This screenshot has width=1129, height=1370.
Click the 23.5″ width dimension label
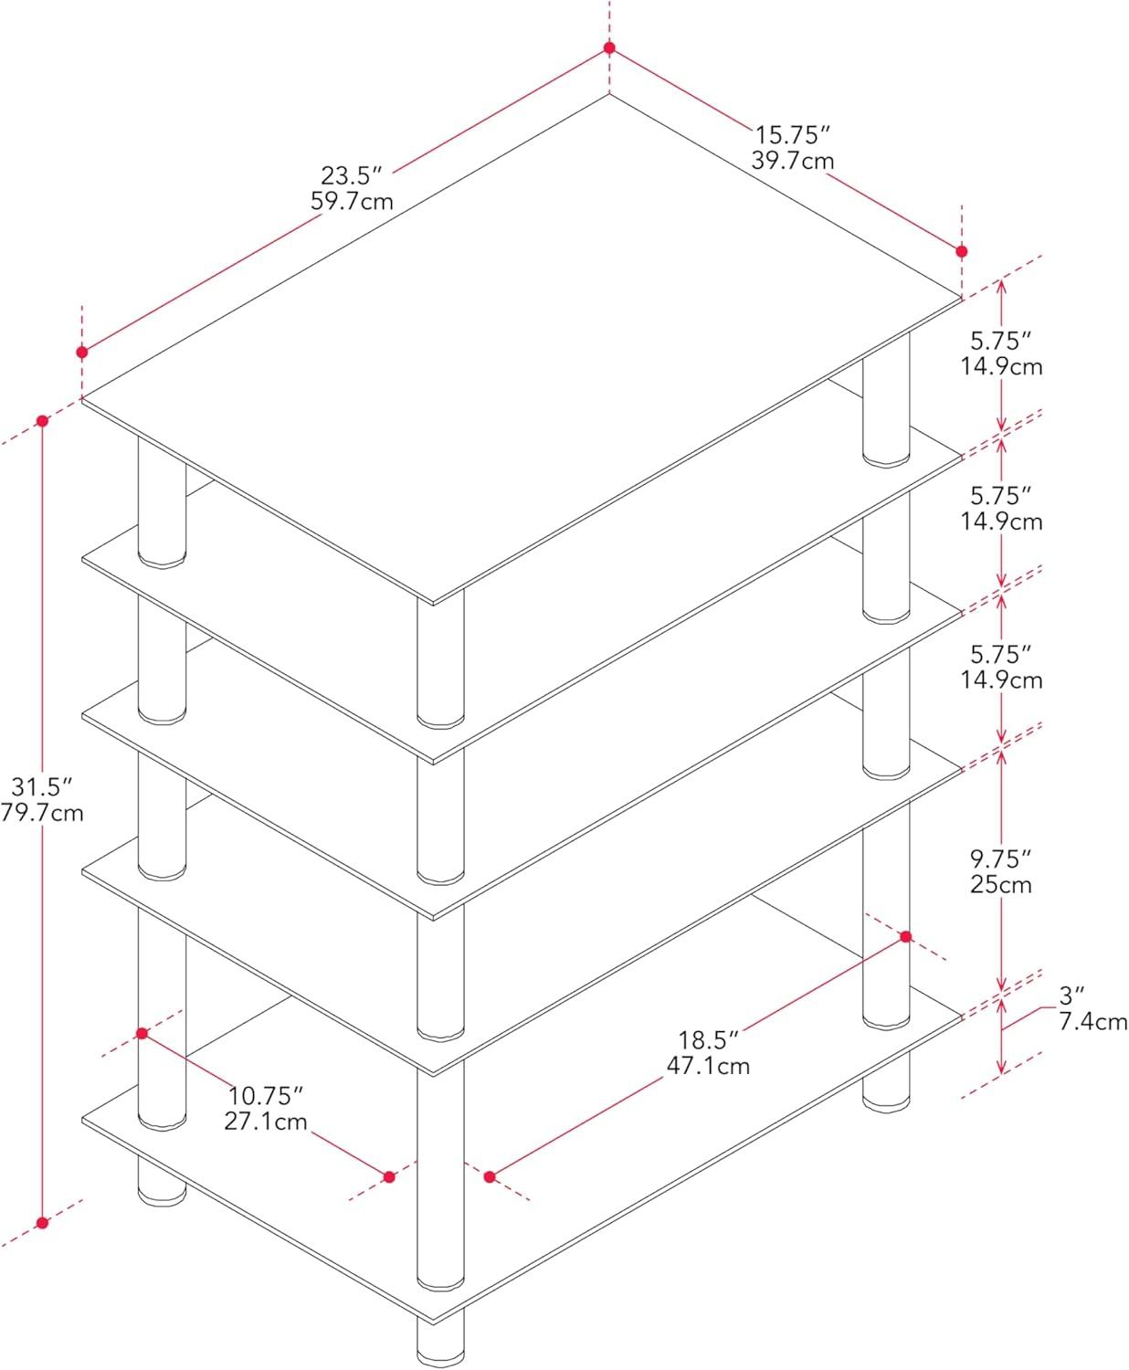click(351, 176)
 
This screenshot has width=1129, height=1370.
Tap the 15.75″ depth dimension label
click(792, 135)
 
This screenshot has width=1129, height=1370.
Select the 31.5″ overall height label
click(41, 786)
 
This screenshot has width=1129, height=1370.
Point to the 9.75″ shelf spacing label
click(1000, 859)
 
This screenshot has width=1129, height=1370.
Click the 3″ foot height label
click(1071, 996)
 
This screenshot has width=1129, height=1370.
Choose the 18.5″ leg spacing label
click(708, 1040)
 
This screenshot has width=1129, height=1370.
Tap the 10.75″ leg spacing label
click(265, 1095)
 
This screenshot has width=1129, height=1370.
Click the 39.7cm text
click(792, 161)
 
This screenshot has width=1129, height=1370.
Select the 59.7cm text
click(352, 202)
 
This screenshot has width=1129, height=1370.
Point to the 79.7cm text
click(41, 813)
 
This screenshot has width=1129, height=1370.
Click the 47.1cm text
click(708, 1066)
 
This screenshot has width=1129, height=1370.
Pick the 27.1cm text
click(265, 1122)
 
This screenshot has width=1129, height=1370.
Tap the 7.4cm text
click(1092, 1022)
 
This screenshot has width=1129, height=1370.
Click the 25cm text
click(1001, 885)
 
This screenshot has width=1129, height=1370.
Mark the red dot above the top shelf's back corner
click(609, 47)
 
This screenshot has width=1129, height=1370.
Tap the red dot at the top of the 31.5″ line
click(43, 420)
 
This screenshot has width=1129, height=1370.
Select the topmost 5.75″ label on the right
click(1000, 341)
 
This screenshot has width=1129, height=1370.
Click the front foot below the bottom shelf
click(440, 1339)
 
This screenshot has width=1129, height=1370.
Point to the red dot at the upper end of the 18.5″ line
click(906, 937)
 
